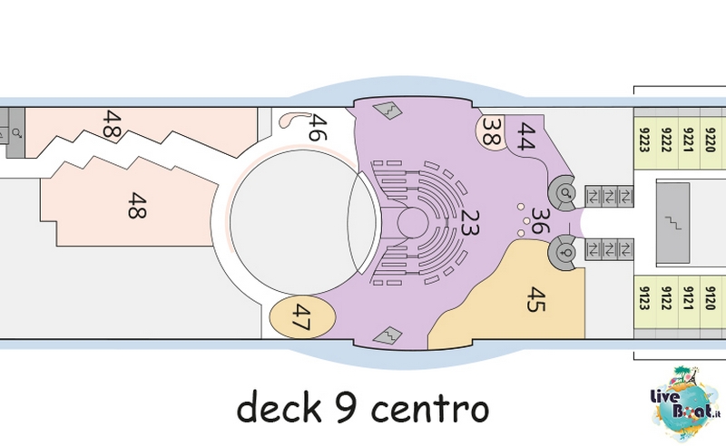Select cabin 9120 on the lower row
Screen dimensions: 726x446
[x=711, y=298]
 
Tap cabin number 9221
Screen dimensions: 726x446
[x=689, y=140]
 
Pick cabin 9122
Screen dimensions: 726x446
[x=667, y=298]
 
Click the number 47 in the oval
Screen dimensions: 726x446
[x=301, y=317]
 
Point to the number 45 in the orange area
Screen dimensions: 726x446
[x=536, y=299]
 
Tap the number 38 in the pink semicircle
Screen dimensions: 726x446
[x=492, y=131]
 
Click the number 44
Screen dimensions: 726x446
[x=526, y=136]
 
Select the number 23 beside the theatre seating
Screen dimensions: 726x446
[x=469, y=222]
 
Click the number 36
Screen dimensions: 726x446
[x=540, y=220]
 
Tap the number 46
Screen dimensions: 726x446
[x=318, y=127]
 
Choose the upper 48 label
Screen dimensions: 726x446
[x=112, y=123]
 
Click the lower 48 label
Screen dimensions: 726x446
[x=137, y=206]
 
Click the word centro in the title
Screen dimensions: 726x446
[x=430, y=409]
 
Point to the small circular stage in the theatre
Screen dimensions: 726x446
[x=413, y=222]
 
